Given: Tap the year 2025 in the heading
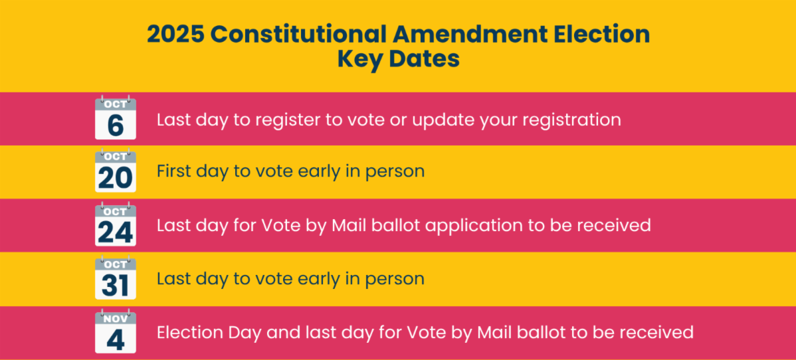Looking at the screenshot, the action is click(x=175, y=35).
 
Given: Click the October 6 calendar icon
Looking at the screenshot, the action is click(x=116, y=118).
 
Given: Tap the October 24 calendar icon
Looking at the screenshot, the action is click(x=116, y=224).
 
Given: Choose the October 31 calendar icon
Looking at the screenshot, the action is click(x=116, y=277).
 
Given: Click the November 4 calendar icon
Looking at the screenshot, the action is click(x=116, y=331).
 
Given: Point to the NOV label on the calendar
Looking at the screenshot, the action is click(x=116, y=319).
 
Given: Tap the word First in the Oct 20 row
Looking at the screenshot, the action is click(x=173, y=171).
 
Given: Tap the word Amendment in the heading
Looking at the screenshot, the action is click(x=468, y=35).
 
